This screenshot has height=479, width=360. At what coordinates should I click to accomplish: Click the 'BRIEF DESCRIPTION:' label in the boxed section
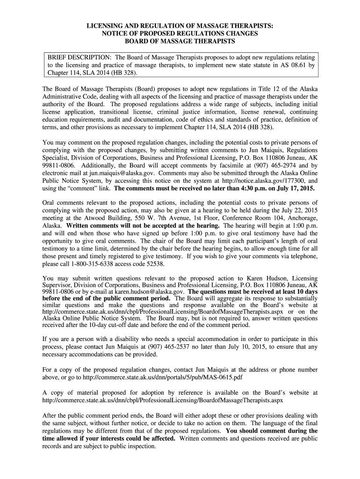(78, 57)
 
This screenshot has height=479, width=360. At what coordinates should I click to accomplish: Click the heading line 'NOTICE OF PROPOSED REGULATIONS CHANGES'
(180, 34)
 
